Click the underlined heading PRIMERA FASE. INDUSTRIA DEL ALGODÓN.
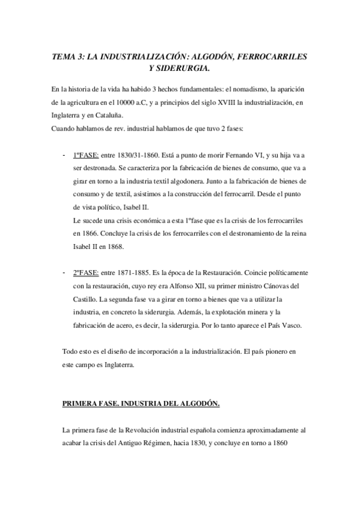coord(141,404)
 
